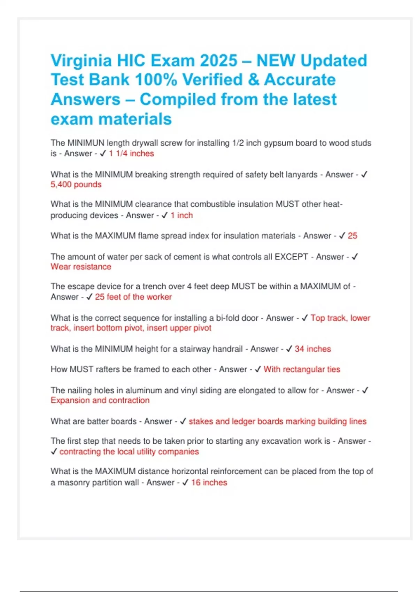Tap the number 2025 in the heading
[218, 61]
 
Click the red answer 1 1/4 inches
[131, 154]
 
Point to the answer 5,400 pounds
[76, 185]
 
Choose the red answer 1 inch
[181, 216]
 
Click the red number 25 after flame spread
[352, 236]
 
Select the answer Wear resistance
[81, 267]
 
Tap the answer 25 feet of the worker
[133, 297]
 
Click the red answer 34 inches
[313, 349]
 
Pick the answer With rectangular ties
[302, 369]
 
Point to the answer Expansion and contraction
[100, 400]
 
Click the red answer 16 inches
[209, 483]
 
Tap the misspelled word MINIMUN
[86, 143]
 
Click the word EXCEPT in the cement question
[291, 257]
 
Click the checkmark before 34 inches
[289, 349]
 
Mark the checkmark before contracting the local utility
[54, 452]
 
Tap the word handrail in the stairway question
[226, 349]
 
